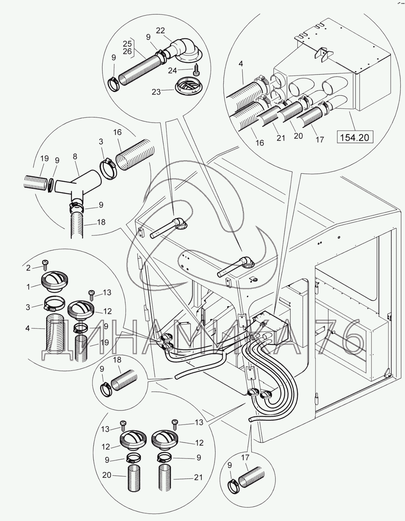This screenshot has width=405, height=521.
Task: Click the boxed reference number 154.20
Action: (355, 137)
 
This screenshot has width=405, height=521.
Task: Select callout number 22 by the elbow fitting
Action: (161, 31)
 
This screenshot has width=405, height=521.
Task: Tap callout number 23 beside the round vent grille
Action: (156, 92)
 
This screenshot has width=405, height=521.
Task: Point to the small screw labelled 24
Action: (196, 69)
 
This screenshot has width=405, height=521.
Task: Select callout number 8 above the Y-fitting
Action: (75, 157)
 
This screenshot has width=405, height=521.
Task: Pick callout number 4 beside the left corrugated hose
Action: (28, 328)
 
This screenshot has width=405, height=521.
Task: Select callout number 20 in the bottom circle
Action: (107, 475)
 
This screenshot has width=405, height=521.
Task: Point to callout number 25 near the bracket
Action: (127, 44)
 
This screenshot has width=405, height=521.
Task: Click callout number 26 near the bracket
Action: (127, 51)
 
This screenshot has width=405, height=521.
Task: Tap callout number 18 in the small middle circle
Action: (117, 360)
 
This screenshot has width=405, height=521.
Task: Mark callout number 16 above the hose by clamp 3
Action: (117, 132)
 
